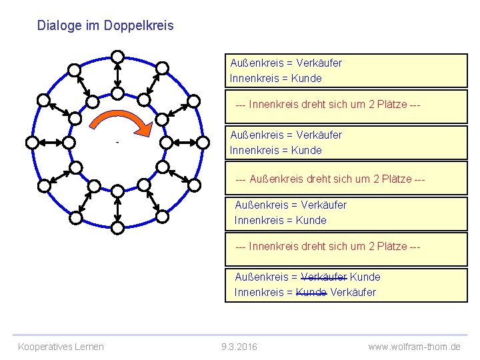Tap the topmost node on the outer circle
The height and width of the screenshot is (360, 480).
point(117,56)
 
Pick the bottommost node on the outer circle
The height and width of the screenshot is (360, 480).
point(117,228)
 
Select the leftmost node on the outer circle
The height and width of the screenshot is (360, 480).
point(31,142)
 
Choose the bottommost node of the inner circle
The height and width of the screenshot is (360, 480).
point(117,191)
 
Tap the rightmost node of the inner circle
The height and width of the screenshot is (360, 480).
point(166,142)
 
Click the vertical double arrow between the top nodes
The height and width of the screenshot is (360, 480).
point(117,75)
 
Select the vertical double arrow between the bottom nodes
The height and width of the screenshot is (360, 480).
point(117,210)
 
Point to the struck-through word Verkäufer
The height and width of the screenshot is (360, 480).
point(324,277)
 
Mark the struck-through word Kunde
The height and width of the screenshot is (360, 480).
point(311,292)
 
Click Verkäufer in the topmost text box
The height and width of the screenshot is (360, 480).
point(319,63)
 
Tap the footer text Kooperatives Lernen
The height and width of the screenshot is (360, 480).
point(61,347)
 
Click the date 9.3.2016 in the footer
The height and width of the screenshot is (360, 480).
point(239,347)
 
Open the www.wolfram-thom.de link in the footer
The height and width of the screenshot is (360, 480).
point(414,347)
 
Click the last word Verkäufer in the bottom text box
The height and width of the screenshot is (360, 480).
point(353,292)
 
